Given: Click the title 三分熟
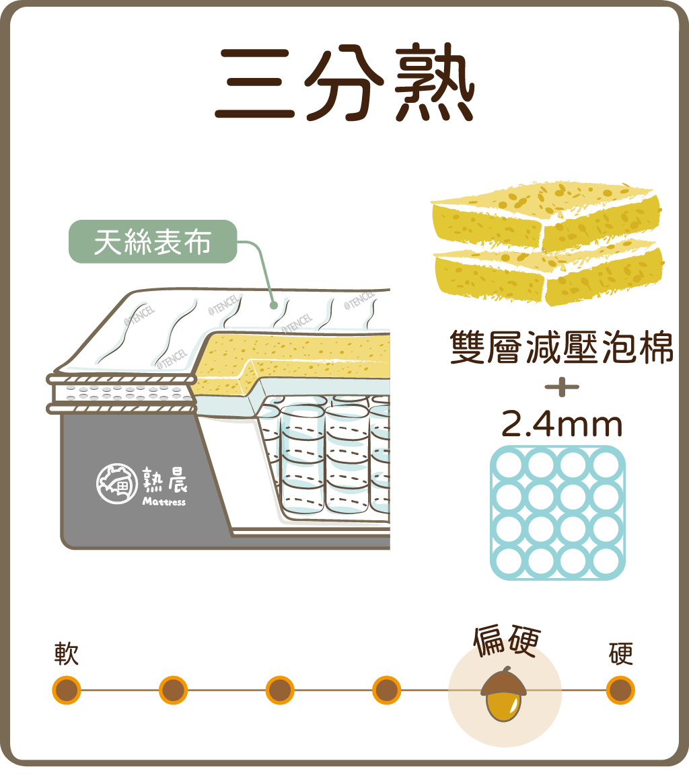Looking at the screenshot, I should (x=344, y=85).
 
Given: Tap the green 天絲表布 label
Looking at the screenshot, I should (x=153, y=242).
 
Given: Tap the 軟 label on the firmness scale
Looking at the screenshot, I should (x=67, y=653).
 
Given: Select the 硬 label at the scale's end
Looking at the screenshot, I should (x=620, y=653).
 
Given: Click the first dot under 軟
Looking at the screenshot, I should (x=67, y=690).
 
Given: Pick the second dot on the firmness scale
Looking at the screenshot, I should (x=173, y=690).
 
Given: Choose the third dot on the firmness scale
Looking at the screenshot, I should (x=280, y=690).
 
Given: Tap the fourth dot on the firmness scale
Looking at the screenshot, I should (x=386, y=690).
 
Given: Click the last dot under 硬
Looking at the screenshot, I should (x=620, y=690).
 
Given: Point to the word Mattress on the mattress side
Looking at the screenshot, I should (x=164, y=501).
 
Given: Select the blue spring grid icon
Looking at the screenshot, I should (x=558, y=512).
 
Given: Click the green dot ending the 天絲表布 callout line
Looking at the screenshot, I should (x=274, y=304).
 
